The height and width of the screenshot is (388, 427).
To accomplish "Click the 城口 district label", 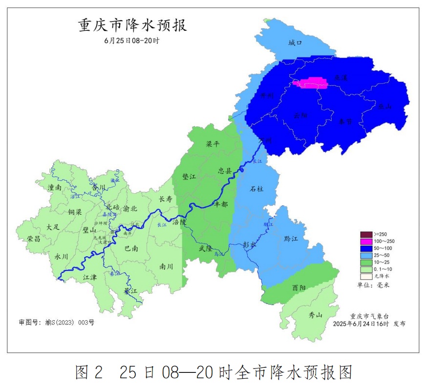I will tap(296, 43).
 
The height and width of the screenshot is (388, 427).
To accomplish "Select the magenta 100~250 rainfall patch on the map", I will tap(311, 83).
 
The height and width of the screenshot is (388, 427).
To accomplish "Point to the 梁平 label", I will tap(213, 144).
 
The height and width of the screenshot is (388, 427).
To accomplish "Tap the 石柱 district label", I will tap(256, 188).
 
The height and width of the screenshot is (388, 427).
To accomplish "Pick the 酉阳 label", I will tap(299, 288).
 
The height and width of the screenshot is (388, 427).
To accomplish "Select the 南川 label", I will tap(167, 266).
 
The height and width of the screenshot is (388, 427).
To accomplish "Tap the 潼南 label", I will tap(55, 187).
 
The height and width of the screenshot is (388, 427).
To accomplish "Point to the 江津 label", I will tap(90, 277).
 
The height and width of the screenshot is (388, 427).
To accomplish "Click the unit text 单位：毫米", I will tap(373, 285).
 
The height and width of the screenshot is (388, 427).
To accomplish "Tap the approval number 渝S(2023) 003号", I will tap(56, 323).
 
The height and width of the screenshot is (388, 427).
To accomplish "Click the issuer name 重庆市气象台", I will tap(369, 316).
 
